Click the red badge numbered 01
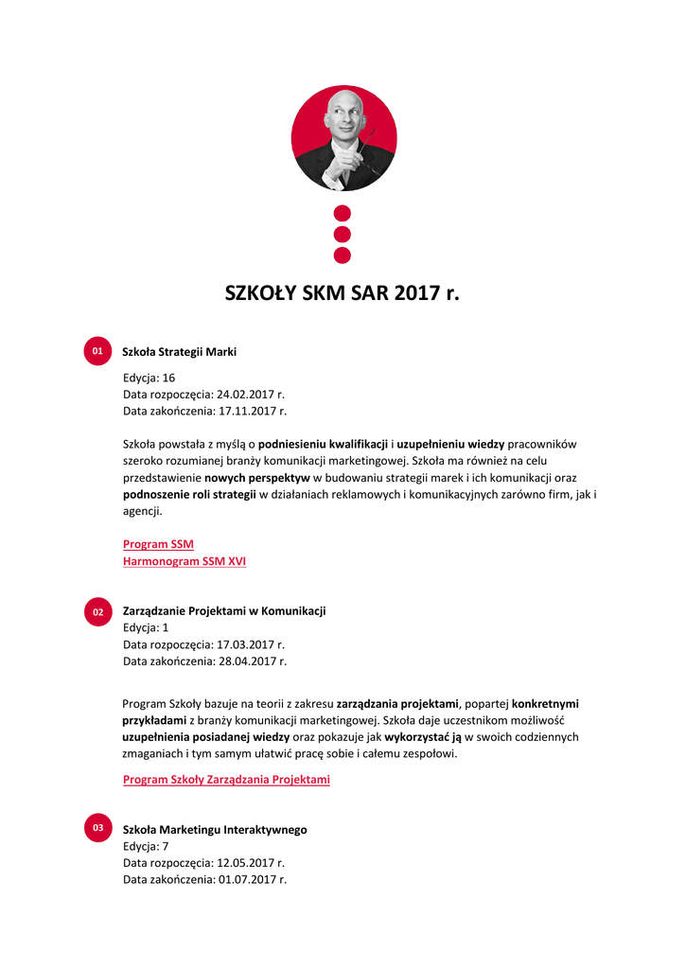click(97, 351)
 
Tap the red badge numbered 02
click(97, 612)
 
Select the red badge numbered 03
click(97, 829)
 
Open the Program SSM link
click(158, 544)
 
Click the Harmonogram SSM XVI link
click(185, 561)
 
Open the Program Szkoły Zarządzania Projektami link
click(226, 780)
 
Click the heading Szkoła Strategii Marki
click(180, 352)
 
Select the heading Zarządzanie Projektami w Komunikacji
click(224, 611)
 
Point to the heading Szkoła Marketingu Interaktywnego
click(215, 830)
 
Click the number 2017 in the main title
click(418, 293)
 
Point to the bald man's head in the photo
click(343, 115)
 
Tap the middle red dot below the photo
click(343, 234)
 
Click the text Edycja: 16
click(150, 378)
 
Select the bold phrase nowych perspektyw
click(257, 478)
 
